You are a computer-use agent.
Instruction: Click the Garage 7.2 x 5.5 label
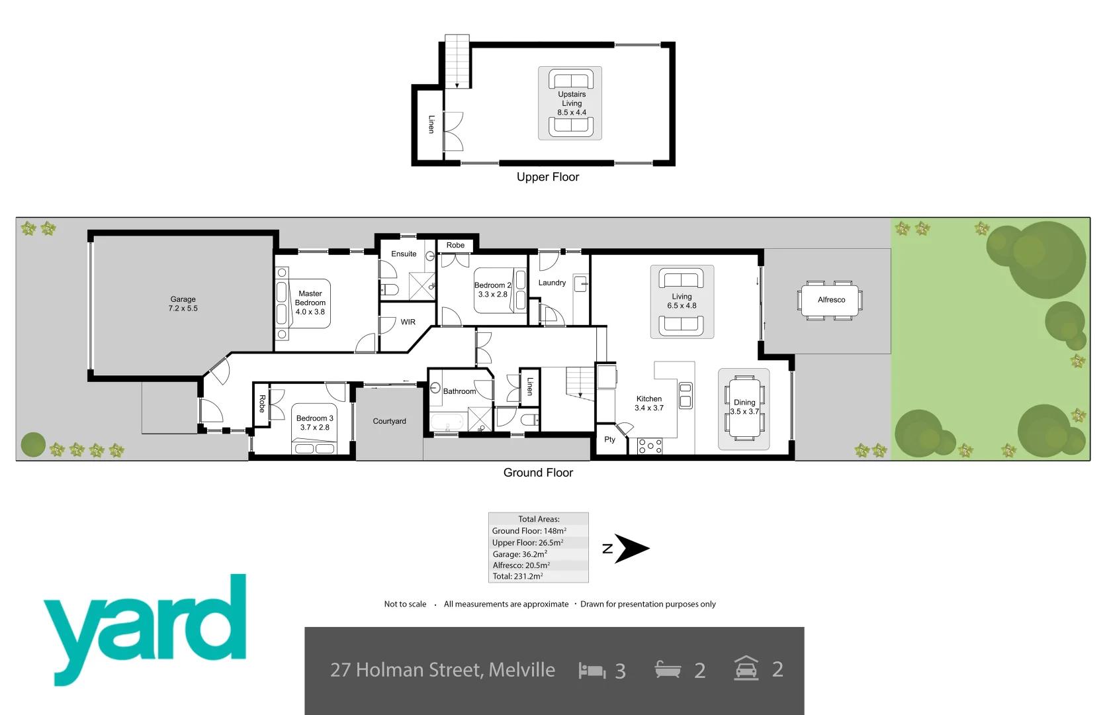coord(183,304)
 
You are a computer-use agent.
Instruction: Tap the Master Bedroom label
coord(310,303)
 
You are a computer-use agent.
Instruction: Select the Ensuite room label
coord(404,254)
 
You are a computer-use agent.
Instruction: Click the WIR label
coord(408,322)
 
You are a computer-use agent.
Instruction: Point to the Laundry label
coord(552,283)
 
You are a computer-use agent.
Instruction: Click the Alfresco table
coord(830,300)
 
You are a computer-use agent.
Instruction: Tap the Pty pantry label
coord(609,440)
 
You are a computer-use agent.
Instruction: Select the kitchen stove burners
coord(650,447)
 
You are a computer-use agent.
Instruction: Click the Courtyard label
coord(389,421)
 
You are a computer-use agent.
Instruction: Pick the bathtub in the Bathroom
coord(447,422)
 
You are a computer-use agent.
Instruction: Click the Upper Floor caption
coord(547,177)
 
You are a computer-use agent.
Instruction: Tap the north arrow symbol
coord(631,548)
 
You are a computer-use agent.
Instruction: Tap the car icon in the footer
coord(746,669)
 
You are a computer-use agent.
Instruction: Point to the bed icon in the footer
coord(592,671)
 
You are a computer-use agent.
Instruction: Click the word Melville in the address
coord(521,670)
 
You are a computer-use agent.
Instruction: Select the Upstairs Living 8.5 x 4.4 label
coord(571,103)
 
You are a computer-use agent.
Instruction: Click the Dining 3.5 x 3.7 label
coord(744,406)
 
